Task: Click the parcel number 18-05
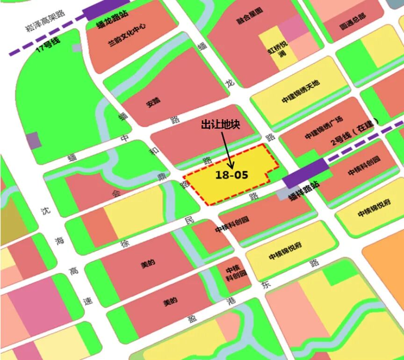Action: click(x=231, y=175)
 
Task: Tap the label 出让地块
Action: click(x=220, y=125)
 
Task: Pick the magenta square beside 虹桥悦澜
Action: click(x=291, y=28)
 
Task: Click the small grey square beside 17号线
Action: click(x=77, y=47)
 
